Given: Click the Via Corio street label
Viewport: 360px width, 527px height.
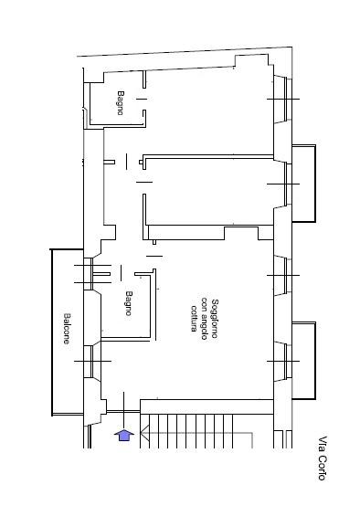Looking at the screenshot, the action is pyautogui.click(x=323, y=458).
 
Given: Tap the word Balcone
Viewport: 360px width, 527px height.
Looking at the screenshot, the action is pyautogui.click(x=67, y=329).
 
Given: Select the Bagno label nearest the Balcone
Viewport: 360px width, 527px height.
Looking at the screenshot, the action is pyautogui.click(x=129, y=303).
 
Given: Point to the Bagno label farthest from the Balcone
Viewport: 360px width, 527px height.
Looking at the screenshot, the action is pyautogui.click(x=121, y=103).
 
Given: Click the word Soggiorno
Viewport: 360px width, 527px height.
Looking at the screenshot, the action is pyautogui.click(x=215, y=319).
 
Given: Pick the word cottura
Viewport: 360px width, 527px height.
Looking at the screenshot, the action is pyautogui.click(x=194, y=318).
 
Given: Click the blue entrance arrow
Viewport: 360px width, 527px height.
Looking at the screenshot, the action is pyautogui.click(x=124, y=435).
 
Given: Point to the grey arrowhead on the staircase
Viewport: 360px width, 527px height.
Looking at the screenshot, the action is pyautogui.click(x=144, y=433).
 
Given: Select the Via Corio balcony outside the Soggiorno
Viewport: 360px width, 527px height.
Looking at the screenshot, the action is pyautogui.click(x=304, y=361).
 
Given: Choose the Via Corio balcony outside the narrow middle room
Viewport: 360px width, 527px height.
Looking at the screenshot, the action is pyautogui.click(x=304, y=184).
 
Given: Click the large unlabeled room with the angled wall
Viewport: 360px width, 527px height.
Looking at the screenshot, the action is pyautogui.click(x=208, y=111).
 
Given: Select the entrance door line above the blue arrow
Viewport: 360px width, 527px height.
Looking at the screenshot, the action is pyautogui.click(x=124, y=410).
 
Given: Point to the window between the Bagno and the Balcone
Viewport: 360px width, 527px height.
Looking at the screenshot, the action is pyautogui.click(x=92, y=274).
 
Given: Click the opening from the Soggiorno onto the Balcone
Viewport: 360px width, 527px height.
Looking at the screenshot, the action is pyautogui.click(x=92, y=362).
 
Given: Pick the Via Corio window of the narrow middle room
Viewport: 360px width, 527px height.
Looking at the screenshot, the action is pyautogui.click(x=283, y=184).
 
